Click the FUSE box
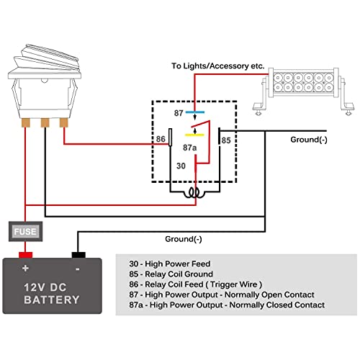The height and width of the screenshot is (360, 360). coord(26,231)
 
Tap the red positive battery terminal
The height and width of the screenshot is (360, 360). coord(25,255)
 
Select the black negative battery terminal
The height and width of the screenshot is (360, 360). coord(78,255)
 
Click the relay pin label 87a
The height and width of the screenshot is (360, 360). coord(189,148)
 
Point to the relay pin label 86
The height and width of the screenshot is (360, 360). coord(161,139)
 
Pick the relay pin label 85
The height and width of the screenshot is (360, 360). coord(226,140)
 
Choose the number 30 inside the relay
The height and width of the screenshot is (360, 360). coord(181,166)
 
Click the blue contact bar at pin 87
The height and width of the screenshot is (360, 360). coord(195,112)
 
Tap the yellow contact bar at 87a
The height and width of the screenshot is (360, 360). coord(194,135)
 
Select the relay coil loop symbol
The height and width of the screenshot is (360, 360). coord(194,193)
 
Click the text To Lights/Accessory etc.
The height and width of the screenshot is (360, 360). coord(218,66)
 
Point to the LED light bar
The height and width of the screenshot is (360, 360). coord(304,90)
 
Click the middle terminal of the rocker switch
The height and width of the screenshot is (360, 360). coord(45,122)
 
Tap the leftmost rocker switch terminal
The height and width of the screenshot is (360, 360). coord(26,122)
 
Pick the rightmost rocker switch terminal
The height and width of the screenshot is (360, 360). coord(64,122)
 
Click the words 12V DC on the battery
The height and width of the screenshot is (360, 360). coord(45,287)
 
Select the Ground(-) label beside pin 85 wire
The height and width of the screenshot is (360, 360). coord(309,140)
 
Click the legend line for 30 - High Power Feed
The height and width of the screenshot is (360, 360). coord(170,264)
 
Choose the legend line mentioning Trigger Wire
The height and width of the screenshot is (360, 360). coord(196,284)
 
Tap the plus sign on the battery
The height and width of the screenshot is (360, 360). coord(25,268)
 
